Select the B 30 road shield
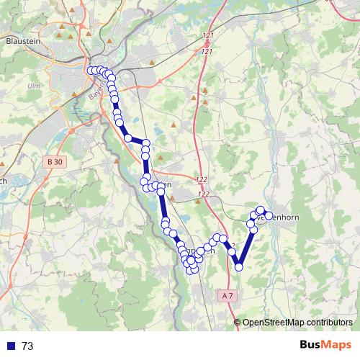click(x=54, y=163)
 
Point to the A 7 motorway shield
click(x=228, y=295)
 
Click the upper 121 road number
click(x=209, y=35)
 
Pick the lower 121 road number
click(x=209, y=51)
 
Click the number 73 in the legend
click(x=27, y=346)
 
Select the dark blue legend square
click(x=11, y=346)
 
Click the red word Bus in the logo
click(x=312, y=345)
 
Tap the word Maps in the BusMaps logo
click(x=337, y=345)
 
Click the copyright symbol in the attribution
click(x=238, y=323)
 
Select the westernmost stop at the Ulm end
click(x=91, y=71)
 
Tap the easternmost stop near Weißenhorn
click(x=269, y=215)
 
